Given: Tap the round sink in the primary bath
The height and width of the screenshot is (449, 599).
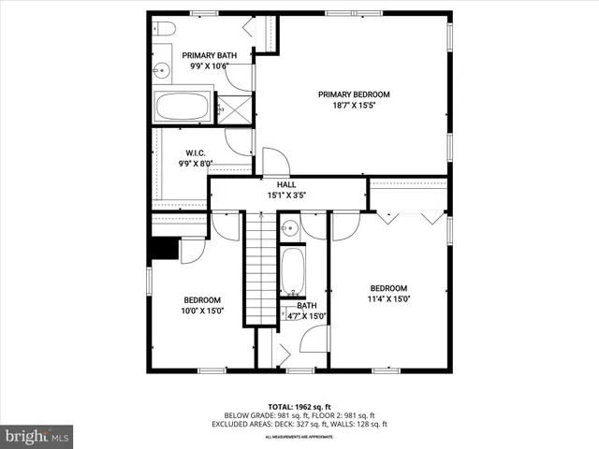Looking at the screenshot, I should [x=160, y=67].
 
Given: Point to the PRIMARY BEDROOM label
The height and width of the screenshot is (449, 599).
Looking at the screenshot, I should [x=353, y=94].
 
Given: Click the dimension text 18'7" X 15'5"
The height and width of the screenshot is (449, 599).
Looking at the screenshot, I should [x=353, y=106].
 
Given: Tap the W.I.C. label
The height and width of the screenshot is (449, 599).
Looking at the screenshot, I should [x=196, y=153].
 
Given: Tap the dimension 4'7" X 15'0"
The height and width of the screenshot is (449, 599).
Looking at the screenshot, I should [x=307, y=316].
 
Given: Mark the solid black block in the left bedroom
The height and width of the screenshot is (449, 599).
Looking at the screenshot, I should [x=165, y=248].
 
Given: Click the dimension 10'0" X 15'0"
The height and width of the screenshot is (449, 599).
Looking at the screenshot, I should [x=202, y=311].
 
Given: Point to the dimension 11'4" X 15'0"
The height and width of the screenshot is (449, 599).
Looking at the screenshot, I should [x=388, y=299].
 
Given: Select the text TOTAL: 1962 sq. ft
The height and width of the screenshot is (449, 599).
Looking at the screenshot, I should [x=299, y=407].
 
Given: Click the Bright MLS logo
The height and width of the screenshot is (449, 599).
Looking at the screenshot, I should [x=37, y=436].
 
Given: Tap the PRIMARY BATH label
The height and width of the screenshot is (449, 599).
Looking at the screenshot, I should [x=209, y=56].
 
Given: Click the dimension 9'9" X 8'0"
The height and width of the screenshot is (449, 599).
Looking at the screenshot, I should [x=196, y=164].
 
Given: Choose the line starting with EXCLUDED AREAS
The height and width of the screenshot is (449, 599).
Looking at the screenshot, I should [x=299, y=425].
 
